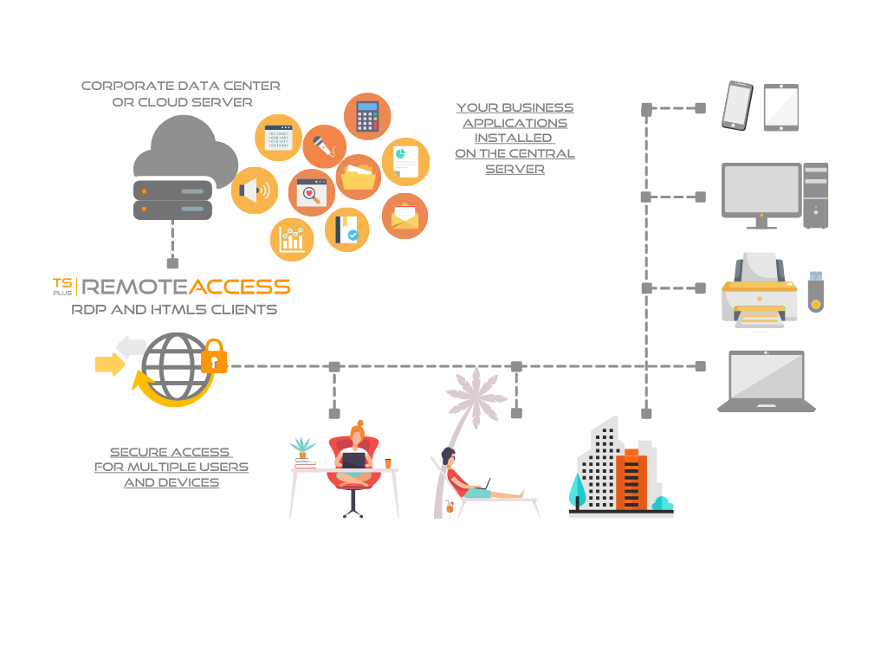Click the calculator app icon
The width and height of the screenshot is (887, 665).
tap(367, 116)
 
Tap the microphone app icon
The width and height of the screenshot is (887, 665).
tap(324, 146)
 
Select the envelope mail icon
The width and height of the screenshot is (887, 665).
tap(405, 216)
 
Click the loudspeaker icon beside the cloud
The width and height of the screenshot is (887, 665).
tap(254, 190)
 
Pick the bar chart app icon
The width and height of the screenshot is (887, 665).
tap(292, 239)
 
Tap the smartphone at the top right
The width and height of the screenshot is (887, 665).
tap(737, 106)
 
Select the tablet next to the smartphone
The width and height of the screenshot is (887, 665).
tap(780, 107)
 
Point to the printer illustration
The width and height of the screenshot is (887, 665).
tap(759, 290)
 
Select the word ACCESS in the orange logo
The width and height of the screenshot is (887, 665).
tap(239, 287)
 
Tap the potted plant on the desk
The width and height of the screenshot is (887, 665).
tap(302, 449)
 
